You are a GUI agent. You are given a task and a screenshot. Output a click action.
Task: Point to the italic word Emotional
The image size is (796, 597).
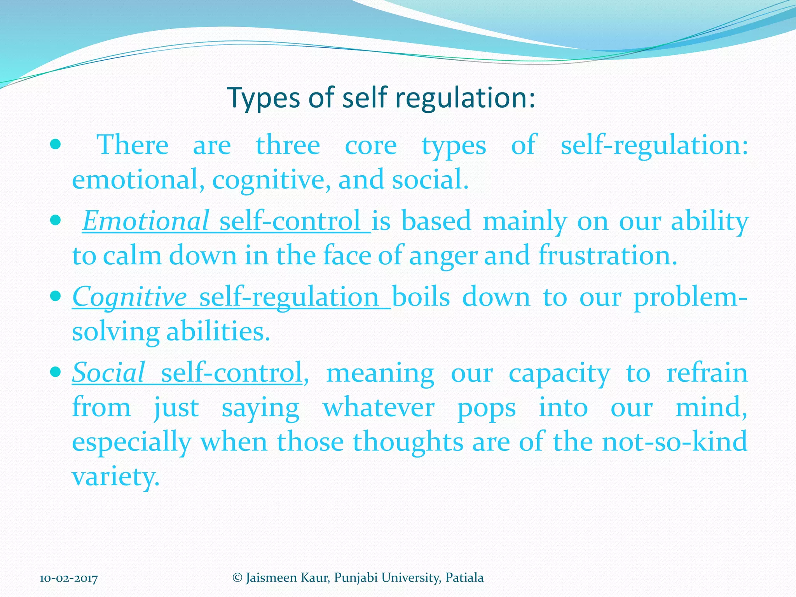146,221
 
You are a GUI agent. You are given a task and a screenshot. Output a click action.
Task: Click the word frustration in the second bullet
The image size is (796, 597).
607,256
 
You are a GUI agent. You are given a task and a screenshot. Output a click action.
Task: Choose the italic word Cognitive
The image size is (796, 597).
129,297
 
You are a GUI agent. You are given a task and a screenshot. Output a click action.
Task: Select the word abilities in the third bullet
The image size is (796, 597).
218,332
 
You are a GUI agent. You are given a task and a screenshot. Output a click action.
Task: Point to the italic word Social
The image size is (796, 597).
108,372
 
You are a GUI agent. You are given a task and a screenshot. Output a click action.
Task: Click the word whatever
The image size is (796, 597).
379,408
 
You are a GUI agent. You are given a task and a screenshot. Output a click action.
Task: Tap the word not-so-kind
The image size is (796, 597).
675,442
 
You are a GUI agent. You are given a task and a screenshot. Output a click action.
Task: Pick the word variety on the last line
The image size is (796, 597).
115,477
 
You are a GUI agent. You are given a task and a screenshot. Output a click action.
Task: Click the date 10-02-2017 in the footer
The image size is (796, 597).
69,579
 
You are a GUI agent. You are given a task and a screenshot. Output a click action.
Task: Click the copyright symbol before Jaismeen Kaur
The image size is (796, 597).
237,578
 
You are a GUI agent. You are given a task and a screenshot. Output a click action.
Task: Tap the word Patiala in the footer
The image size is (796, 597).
464,578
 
